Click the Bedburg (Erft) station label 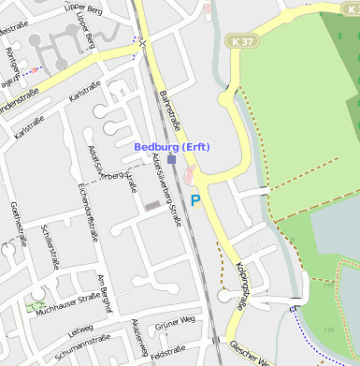coord(172,148)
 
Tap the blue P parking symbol coord(195,199)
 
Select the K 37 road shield coord(239,42)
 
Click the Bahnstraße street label coord(167,110)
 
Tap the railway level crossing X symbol coord(142,43)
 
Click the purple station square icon coord(171,159)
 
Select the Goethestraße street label coord(16,221)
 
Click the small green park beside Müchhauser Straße coord(36,304)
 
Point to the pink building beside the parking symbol coord(192,176)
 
